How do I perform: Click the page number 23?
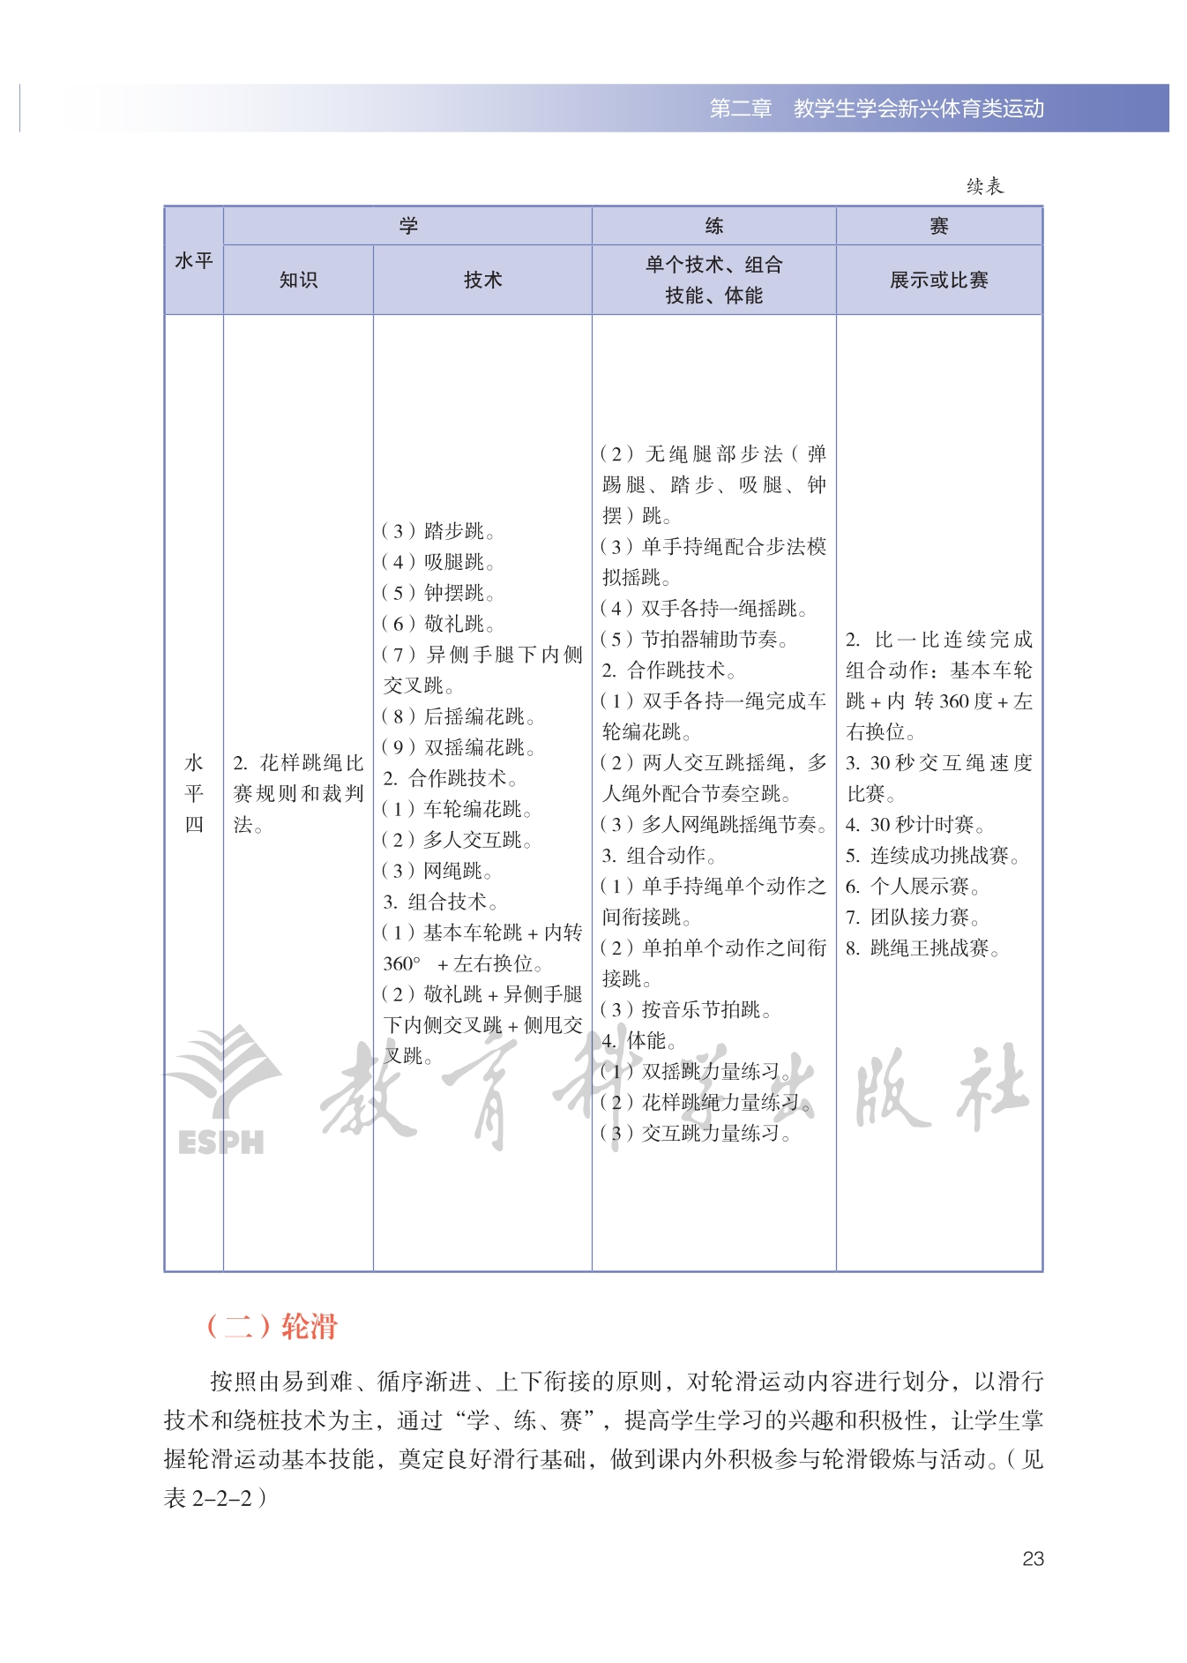point(1033,1559)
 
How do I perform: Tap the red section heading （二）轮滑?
point(272,1326)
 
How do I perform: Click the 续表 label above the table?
point(984,186)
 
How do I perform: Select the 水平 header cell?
point(194,261)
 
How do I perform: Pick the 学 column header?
point(407,226)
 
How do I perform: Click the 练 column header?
point(713,226)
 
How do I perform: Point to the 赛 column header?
point(938,226)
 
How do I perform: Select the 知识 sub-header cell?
point(298,280)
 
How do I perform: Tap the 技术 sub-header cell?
point(482,280)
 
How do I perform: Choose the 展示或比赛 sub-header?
point(938,280)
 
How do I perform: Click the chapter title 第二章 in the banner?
point(741,109)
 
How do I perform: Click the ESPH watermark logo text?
point(220,1142)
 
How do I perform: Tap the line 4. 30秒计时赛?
point(915,825)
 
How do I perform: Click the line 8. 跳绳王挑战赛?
point(922,948)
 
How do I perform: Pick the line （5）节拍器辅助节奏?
point(694,639)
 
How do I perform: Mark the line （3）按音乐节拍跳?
point(685,1009)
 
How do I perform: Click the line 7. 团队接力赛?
point(912,918)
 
